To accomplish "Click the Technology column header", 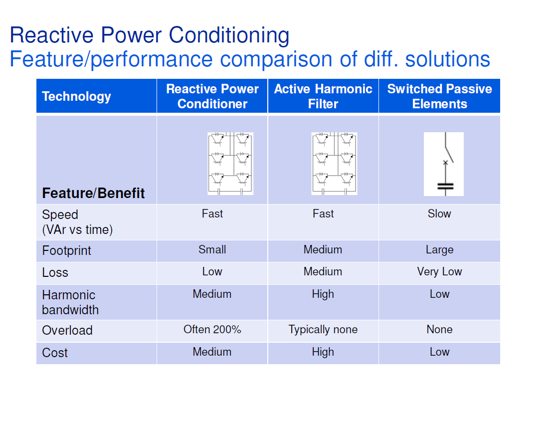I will point(76,96).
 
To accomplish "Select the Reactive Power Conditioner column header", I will point(212,96).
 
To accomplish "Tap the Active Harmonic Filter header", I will point(323,96).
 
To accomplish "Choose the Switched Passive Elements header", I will point(439,96).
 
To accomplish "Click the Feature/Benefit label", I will point(93,193).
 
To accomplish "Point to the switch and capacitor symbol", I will point(444,164).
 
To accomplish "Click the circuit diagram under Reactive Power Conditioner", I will point(230,164).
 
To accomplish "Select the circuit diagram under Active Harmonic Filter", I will point(334,164).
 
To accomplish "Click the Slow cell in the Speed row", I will point(439,213).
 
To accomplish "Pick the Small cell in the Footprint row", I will point(212,249).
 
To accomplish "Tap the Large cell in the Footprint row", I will point(439,249).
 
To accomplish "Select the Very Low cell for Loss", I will point(439,271).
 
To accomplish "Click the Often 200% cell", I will point(212,329).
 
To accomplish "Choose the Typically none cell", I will point(323,330).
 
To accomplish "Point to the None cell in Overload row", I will point(439,329).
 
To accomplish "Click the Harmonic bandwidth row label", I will point(70,302).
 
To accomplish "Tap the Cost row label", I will point(55,353).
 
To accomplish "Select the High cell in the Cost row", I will point(323,352).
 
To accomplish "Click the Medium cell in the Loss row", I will point(323,271).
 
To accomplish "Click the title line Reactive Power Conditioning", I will point(150,35).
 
